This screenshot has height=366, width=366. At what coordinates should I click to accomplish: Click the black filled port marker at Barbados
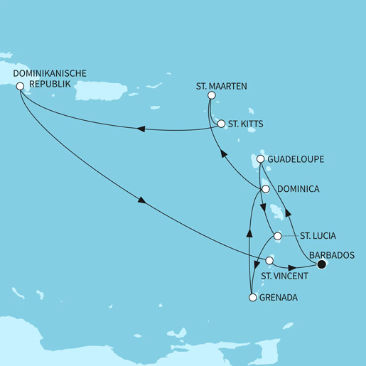[321, 265]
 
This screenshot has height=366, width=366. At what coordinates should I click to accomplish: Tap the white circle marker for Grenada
[252, 298]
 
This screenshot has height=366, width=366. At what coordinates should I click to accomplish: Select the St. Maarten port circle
[210, 99]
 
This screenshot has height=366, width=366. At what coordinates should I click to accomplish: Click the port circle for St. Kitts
[221, 124]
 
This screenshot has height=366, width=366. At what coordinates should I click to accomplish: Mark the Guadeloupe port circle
[261, 159]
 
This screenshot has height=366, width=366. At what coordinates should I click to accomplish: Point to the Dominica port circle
[265, 189]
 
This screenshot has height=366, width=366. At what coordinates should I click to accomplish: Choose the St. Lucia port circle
[278, 236]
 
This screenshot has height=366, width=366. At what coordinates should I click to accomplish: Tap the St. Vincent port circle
[269, 261]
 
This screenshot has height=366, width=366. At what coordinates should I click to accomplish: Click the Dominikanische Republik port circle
[20, 87]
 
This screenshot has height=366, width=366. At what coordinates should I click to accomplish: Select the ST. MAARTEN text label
[221, 86]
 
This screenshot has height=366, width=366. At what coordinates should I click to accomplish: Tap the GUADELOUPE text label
[296, 159]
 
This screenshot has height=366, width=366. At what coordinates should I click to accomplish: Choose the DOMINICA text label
[297, 189]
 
